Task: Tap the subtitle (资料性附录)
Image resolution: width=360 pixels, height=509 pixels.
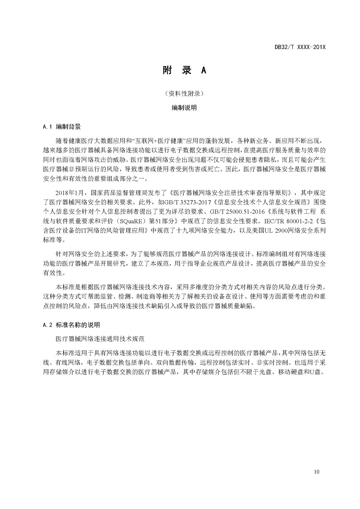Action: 184,94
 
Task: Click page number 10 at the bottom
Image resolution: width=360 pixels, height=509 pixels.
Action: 317,471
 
